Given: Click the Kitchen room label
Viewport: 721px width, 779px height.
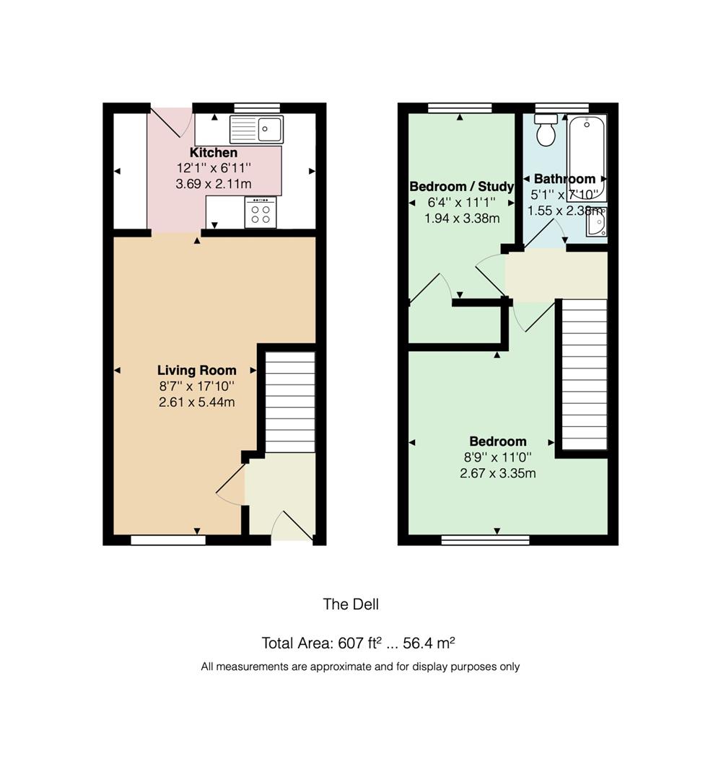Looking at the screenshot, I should (x=213, y=153).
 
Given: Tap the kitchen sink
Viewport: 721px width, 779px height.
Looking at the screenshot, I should (x=256, y=129).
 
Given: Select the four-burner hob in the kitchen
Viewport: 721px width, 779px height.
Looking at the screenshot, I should (x=260, y=213).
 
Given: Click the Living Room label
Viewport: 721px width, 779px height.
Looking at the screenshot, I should (x=196, y=371).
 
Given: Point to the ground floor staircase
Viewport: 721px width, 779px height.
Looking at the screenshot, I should (x=290, y=401).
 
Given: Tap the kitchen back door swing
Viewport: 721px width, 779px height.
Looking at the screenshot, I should (x=171, y=122).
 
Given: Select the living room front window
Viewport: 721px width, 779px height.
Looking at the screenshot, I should (x=167, y=540).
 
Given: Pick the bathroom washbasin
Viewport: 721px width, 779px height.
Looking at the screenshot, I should (x=596, y=223).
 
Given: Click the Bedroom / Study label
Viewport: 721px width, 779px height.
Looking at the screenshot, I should (x=461, y=187).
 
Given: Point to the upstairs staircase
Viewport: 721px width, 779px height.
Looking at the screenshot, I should (x=584, y=374).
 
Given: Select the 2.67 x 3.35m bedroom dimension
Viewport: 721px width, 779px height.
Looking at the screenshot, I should (x=497, y=474).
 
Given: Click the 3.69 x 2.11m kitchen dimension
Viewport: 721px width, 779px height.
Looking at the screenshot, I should (x=214, y=185).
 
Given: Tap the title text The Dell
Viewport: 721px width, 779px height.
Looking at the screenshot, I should (x=351, y=604).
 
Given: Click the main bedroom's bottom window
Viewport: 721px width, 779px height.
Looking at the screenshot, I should (x=485, y=540).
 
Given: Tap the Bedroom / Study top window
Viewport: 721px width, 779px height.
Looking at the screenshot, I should (x=460, y=108).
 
